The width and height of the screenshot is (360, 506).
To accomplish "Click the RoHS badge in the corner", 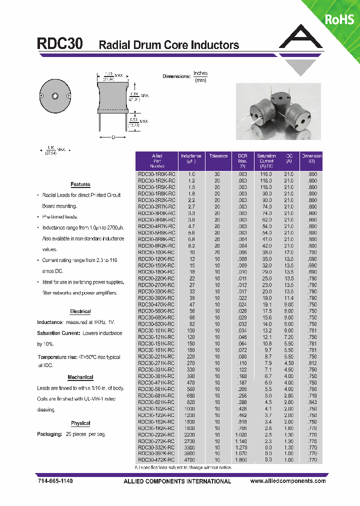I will [x=339, y=19].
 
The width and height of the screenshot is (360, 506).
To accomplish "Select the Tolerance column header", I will [x=218, y=156].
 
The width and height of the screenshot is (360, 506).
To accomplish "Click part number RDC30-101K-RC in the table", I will [x=156, y=330].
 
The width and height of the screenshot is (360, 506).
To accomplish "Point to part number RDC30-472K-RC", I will [x=156, y=459].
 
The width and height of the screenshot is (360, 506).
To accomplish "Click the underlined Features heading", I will [x=80, y=184].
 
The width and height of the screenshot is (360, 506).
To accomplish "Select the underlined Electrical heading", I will [x=80, y=311].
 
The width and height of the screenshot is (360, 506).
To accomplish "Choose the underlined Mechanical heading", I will [x=80, y=377].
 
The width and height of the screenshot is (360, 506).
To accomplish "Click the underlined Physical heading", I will [x=80, y=423].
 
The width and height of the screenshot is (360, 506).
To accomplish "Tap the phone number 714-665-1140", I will [x=55, y=481].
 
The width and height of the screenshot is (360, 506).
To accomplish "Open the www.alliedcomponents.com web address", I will [x=287, y=481].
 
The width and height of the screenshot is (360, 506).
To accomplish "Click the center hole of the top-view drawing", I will [x=55, y=96].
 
